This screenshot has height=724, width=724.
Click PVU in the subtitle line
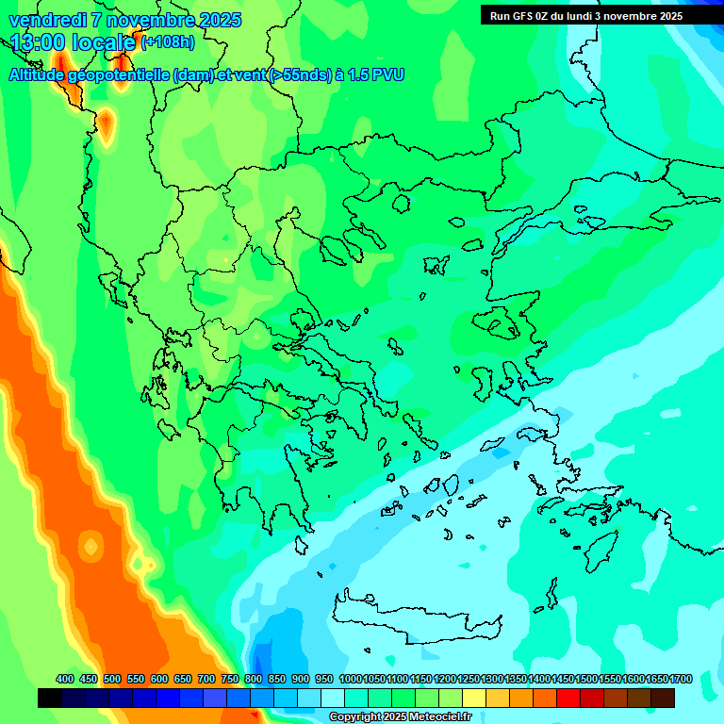point(388,75)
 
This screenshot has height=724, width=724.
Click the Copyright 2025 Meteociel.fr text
point(400,717)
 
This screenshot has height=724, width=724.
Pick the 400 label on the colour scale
point(64,679)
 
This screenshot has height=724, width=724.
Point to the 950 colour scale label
point(323,679)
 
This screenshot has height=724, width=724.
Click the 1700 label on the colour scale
point(681,679)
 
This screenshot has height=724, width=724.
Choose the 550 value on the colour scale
point(135,679)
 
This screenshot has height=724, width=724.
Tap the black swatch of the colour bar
point(50,698)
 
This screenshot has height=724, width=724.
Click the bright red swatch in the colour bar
point(568,698)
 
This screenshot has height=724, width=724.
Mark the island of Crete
point(415,617)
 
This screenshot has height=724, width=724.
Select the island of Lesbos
point(501,323)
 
